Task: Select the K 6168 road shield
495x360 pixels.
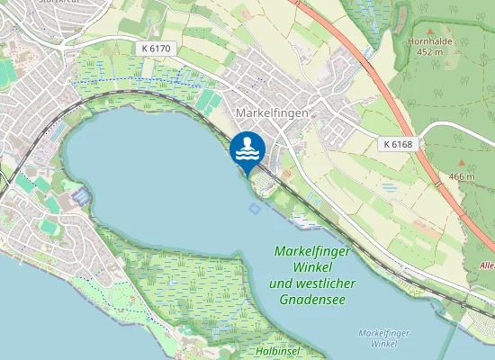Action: (x=398, y=144)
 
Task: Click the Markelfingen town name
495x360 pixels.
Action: (x=271, y=114)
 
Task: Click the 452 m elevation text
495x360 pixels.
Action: (x=430, y=52)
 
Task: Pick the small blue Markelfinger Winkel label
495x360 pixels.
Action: (x=377, y=338)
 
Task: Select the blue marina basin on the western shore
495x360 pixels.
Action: (x=81, y=195)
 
